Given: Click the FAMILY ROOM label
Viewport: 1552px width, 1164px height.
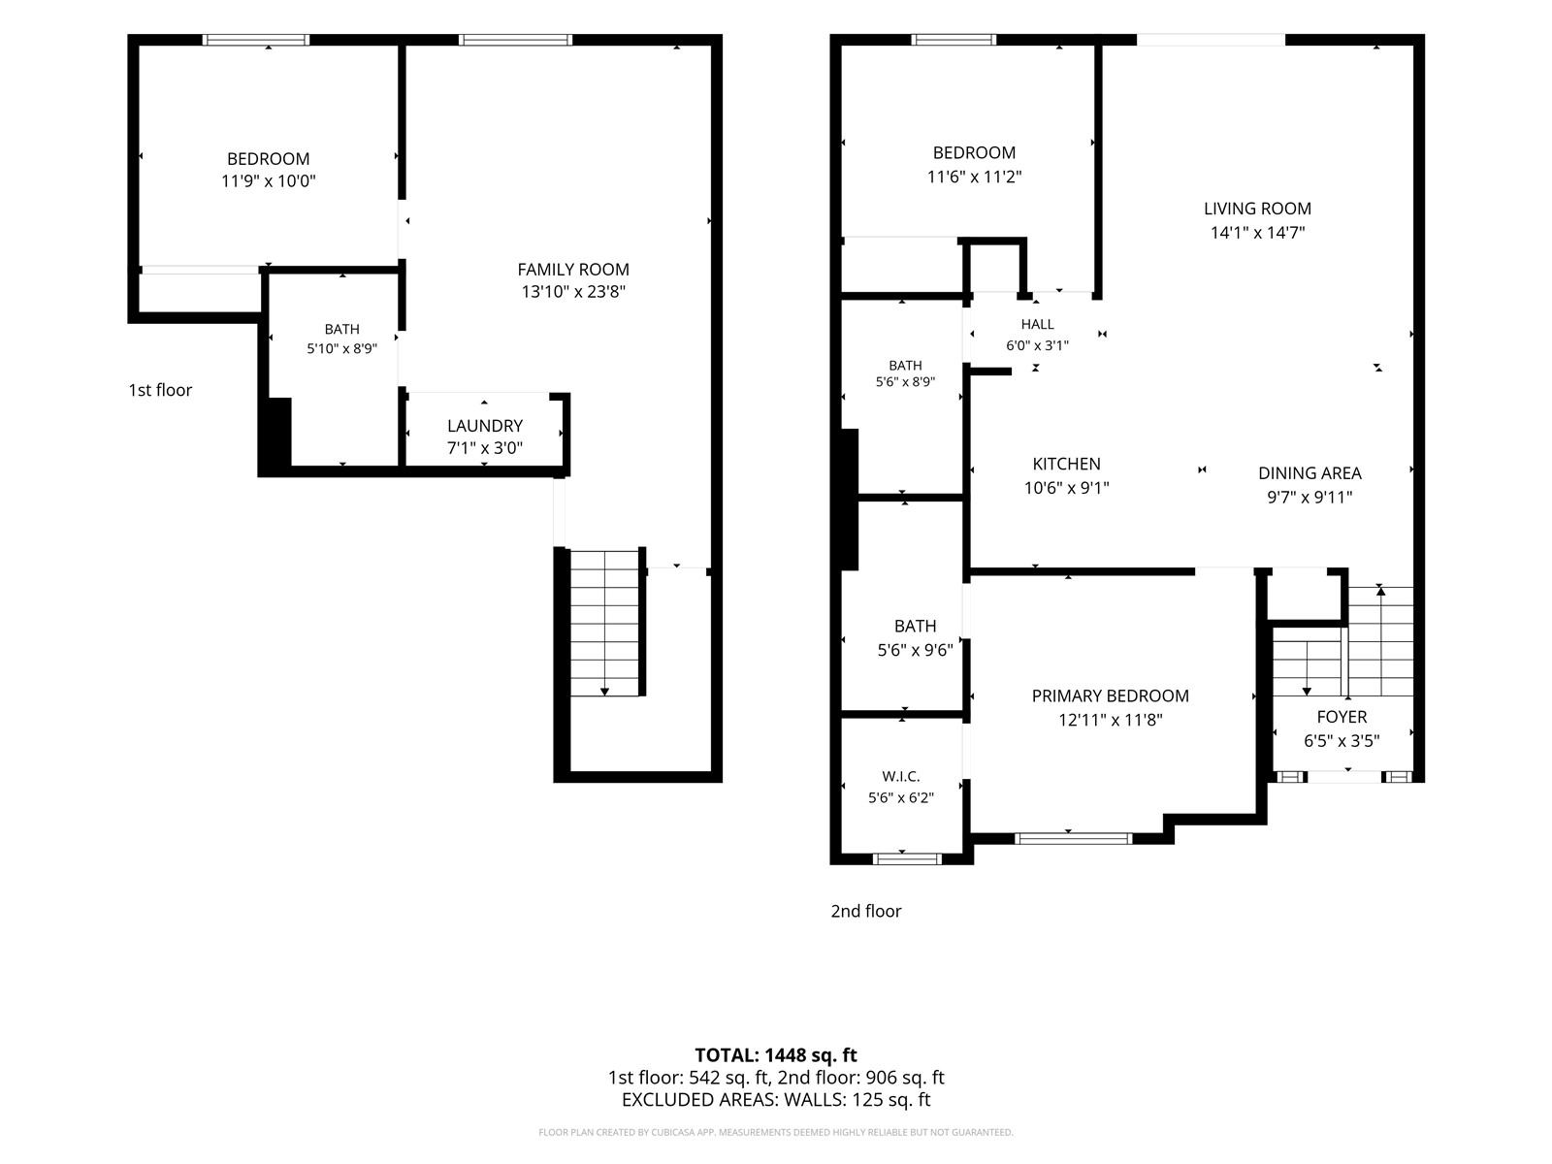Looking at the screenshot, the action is pos(572,270).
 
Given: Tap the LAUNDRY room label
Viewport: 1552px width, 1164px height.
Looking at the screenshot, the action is pos(484,426).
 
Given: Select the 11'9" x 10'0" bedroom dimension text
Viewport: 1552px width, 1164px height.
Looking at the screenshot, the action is pos(268,181).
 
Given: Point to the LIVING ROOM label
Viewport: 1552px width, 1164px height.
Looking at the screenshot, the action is pos(1257,209).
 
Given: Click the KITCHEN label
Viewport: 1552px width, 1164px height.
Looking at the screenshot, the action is pos(1066,464).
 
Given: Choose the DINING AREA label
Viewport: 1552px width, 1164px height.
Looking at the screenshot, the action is pos(1309,472).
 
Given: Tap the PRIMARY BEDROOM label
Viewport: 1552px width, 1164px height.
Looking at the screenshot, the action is pos(1110,695).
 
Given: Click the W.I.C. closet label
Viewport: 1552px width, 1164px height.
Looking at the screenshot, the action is pos(901,776).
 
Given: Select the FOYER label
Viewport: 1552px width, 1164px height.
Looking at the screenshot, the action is pos(1342,717).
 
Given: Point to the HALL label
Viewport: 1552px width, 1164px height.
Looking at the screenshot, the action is pos(1037,324).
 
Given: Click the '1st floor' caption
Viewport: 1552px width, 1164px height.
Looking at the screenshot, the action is pos(160,390).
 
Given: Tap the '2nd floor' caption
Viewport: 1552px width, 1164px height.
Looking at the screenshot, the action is pos(865,911).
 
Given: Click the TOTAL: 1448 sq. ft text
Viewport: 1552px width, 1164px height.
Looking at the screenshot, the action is pos(776,1055).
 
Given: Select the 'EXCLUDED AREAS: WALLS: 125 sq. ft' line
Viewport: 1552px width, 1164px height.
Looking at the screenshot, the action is pos(776,1100).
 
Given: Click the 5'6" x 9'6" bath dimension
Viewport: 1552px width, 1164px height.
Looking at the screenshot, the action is pos(915,650).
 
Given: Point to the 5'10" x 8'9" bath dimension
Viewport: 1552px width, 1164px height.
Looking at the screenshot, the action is pos(341,348).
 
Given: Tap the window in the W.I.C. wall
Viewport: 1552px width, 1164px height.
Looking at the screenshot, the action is pos(907,858).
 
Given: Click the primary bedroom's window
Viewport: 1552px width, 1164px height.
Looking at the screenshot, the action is pos(1074,838).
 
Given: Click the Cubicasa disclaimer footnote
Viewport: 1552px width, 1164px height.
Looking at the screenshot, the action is pos(776,1132).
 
